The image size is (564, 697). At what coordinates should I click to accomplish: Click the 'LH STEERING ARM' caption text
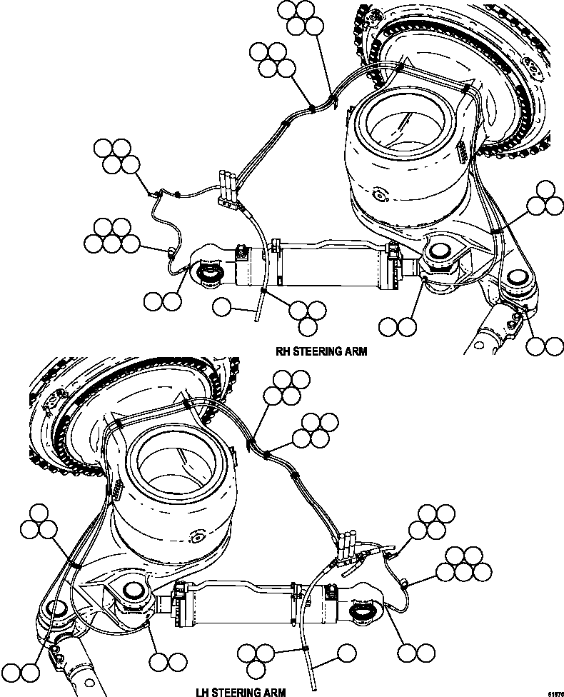pos(241,691)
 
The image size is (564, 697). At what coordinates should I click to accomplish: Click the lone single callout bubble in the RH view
pos(223,308)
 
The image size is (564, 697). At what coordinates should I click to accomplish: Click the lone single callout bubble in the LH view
pos(347,651)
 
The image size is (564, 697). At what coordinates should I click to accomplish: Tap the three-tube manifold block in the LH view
pos(347,548)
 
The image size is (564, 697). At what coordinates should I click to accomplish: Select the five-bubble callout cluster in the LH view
pos(464,563)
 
